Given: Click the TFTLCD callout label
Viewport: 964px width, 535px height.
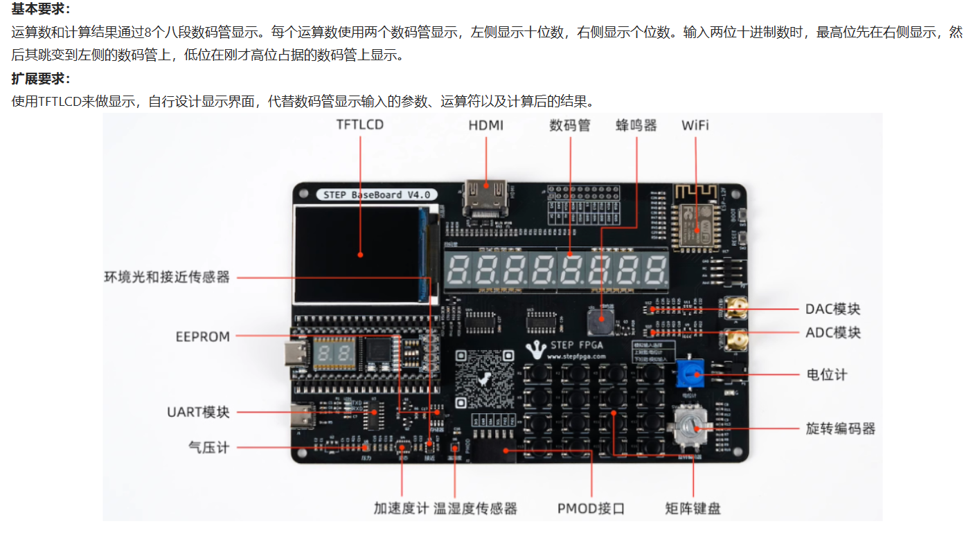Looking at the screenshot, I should tap(359, 125).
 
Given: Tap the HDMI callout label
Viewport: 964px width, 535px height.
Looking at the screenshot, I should tap(485, 125).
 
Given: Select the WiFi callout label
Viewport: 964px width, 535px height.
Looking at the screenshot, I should tap(695, 125).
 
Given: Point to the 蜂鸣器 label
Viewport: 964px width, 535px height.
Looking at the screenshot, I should tap(636, 125).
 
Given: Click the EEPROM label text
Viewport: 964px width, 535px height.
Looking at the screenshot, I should tap(202, 337).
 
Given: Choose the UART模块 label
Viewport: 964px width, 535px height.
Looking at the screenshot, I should tap(198, 412).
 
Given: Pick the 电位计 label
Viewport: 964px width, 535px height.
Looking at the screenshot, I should tap(827, 375).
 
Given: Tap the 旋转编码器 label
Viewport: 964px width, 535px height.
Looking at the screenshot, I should tap(841, 428).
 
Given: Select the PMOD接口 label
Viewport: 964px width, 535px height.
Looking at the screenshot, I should tap(591, 509).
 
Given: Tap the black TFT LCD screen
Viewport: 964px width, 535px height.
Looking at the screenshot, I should tap(360, 254).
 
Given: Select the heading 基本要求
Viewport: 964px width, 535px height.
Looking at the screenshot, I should tap(41, 10).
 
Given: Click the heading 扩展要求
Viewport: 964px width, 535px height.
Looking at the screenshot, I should tap(41, 78).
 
